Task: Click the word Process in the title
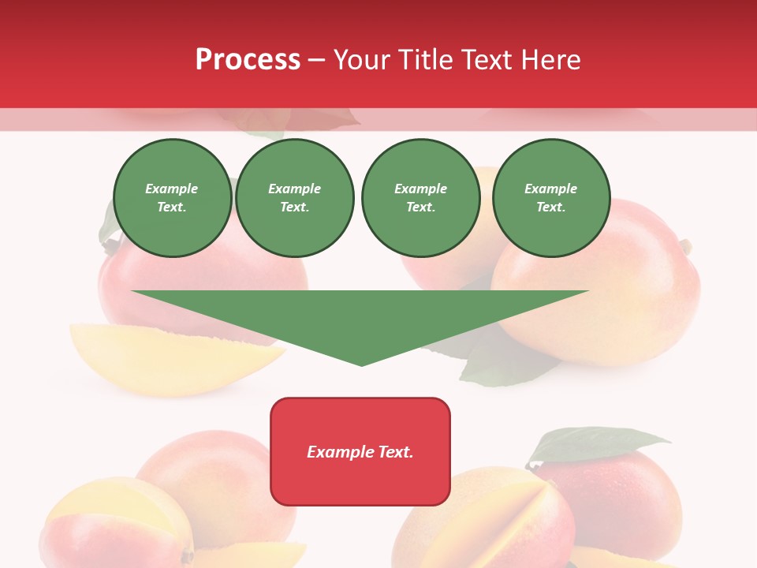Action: click(x=248, y=59)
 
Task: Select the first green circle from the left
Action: click(x=173, y=198)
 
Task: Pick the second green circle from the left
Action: click(x=295, y=198)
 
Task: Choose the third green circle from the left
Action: click(x=421, y=198)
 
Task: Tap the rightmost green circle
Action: click(x=551, y=198)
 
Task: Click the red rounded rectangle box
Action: click(x=360, y=451)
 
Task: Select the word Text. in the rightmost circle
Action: click(x=551, y=207)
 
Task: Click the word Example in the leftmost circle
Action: click(x=172, y=189)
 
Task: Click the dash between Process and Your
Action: click(x=317, y=61)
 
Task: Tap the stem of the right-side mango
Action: click(x=685, y=247)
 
